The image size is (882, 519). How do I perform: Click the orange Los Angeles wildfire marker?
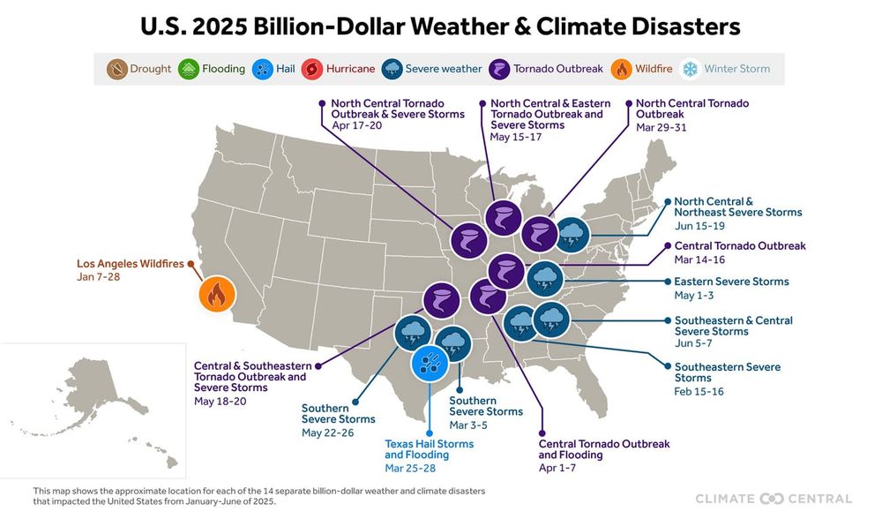coord(216,295)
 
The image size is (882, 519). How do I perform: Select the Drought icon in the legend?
coord(116,68)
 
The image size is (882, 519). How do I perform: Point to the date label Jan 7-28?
coord(97,278)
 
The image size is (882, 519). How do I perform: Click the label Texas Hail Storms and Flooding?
coord(430,449)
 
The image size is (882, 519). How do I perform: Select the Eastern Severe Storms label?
coord(731,282)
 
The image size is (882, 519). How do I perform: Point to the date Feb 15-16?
coord(699,391)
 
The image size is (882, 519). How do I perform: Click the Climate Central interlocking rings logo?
coord(772,499)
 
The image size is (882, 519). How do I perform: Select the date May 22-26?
coord(326,432)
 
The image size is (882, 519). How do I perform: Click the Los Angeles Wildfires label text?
coord(130,263)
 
